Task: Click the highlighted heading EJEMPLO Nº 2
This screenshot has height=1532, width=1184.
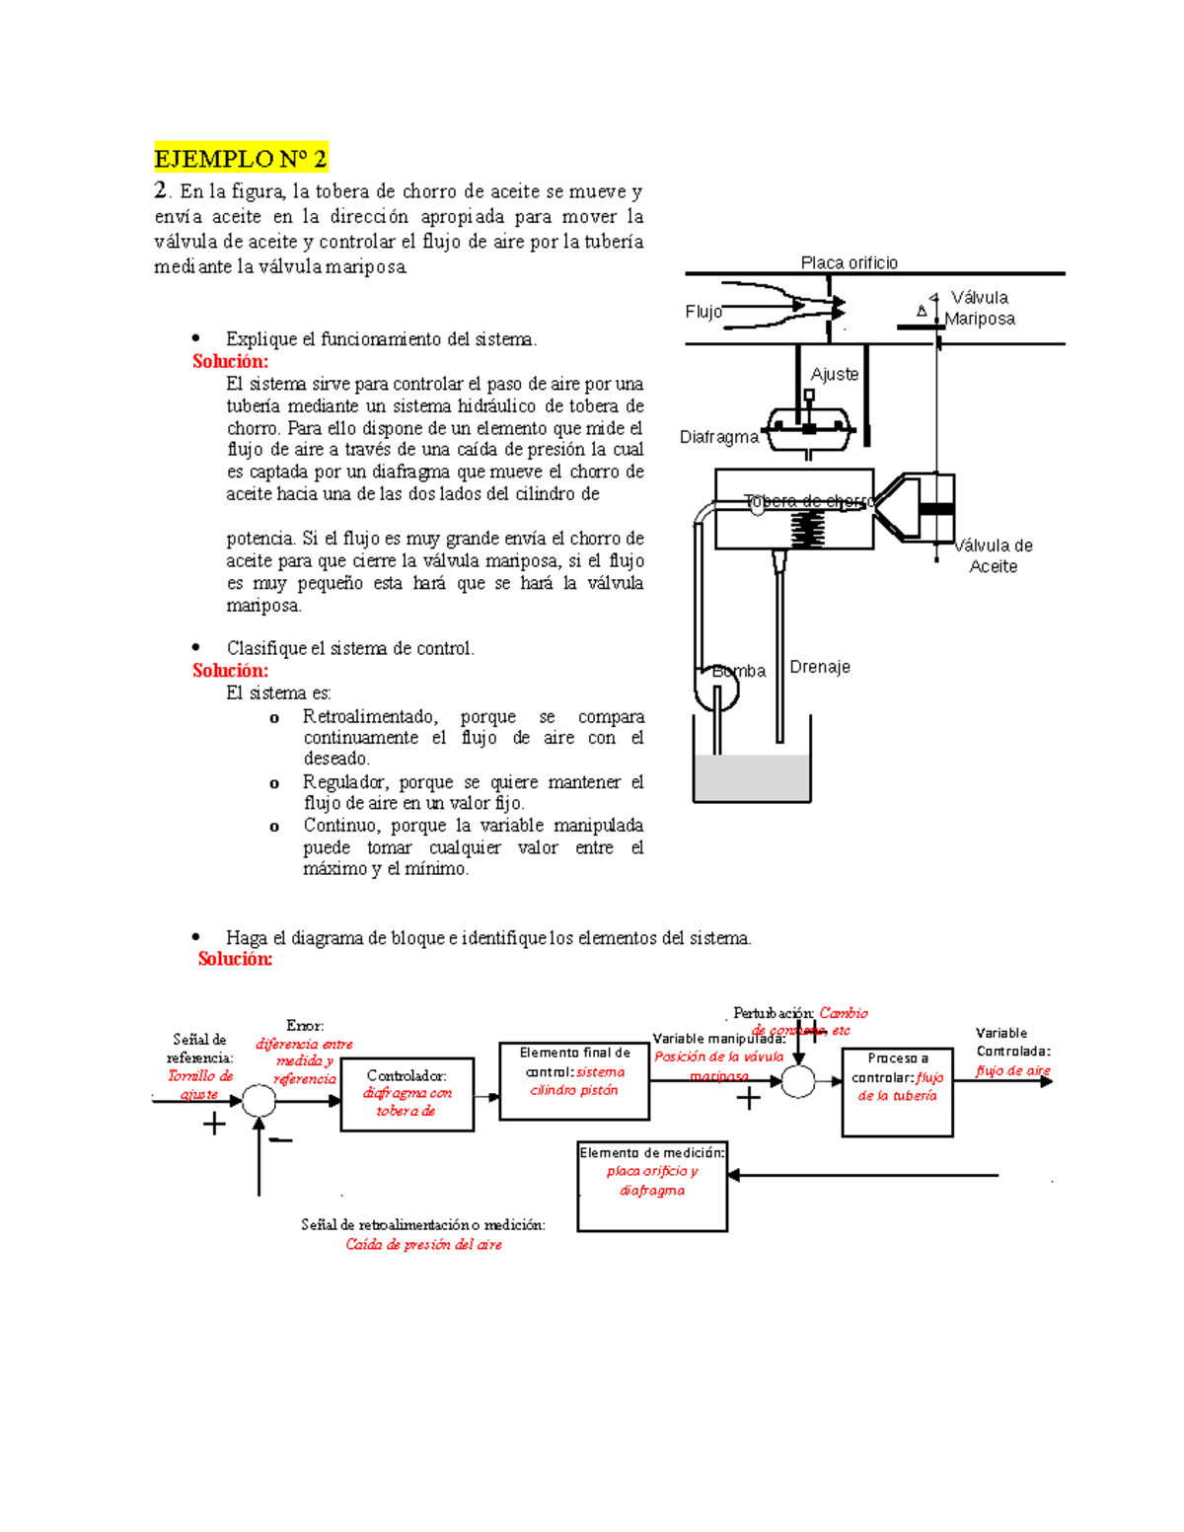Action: (x=240, y=158)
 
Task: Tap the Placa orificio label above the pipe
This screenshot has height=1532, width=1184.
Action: (x=849, y=262)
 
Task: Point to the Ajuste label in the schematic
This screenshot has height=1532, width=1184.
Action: (x=834, y=374)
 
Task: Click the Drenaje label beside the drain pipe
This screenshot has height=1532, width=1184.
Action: (x=819, y=667)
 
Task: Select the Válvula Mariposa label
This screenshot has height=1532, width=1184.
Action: (x=979, y=308)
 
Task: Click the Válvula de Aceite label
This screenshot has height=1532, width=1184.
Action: (x=994, y=555)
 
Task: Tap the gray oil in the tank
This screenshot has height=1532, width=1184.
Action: (x=752, y=778)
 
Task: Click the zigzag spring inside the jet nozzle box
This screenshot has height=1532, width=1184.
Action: (x=808, y=533)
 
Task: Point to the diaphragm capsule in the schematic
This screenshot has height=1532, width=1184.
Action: (x=809, y=426)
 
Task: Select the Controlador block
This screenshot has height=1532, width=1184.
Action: (x=407, y=1094)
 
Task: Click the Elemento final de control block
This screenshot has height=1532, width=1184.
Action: (x=574, y=1080)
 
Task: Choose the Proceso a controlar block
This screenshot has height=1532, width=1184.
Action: (x=897, y=1091)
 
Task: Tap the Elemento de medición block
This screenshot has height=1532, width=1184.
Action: (x=652, y=1187)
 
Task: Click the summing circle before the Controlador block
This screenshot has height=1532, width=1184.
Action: (x=259, y=1100)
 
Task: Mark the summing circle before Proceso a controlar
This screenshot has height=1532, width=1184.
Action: (x=798, y=1081)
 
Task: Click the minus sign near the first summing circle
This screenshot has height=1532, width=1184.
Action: (x=281, y=1141)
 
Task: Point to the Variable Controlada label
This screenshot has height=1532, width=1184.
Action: (x=1012, y=1043)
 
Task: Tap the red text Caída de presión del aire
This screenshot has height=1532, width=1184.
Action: (x=423, y=1245)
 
